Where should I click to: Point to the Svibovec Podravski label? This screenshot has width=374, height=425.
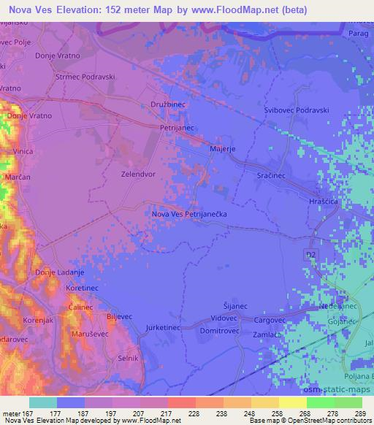[x=297, y=110]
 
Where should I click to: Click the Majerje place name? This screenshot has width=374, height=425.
[x=222, y=149]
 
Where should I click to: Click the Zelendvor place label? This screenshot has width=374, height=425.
[x=139, y=175]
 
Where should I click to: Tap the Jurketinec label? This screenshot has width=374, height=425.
[x=163, y=328]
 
